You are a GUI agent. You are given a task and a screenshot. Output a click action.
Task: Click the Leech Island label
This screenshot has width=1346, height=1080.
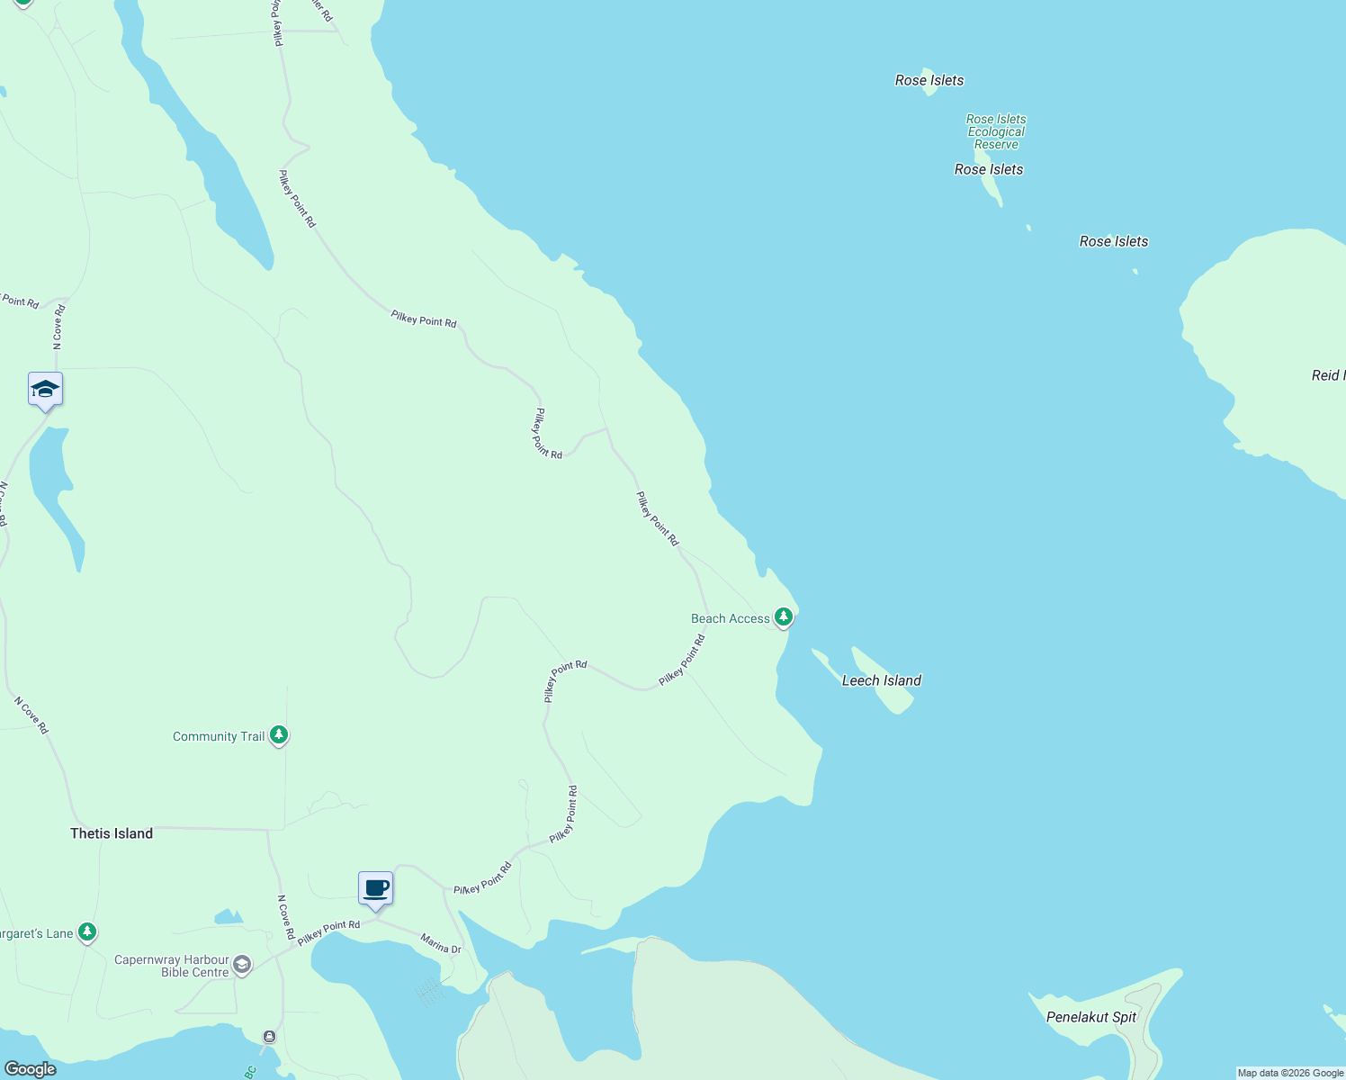click(881, 680)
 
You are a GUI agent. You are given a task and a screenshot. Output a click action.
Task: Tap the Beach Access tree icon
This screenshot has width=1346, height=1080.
click(784, 616)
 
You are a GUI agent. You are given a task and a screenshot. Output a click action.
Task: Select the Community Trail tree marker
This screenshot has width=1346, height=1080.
click(279, 735)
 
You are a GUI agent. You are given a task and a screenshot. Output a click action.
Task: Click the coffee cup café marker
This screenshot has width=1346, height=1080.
click(376, 888)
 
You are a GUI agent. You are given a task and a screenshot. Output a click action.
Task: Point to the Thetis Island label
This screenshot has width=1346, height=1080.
click(112, 833)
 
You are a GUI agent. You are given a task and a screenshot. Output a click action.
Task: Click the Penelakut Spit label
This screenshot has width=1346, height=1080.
click(1091, 1017)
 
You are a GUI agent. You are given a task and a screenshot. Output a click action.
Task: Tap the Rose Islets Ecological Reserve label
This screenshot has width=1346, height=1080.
click(996, 131)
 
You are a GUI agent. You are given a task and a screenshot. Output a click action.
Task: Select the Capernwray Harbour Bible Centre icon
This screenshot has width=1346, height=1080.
click(242, 966)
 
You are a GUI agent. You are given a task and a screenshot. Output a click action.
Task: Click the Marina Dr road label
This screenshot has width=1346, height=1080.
click(441, 943)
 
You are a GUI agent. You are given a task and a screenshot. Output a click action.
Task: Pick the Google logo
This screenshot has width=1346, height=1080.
click(31, 1069)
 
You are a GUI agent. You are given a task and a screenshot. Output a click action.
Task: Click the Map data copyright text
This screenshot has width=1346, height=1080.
click(1290, 1073)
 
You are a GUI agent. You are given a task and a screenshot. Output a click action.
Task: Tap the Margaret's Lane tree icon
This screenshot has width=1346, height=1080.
click(87, 932)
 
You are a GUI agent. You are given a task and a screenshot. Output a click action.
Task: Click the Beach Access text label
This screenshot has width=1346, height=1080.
click(730, 618)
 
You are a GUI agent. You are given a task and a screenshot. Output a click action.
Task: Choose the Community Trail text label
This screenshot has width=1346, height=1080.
click(219, 736)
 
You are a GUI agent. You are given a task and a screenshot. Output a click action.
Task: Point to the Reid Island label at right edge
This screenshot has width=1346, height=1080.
click(1328, 375)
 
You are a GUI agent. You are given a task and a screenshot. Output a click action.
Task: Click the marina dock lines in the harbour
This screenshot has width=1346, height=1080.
click(430, 992)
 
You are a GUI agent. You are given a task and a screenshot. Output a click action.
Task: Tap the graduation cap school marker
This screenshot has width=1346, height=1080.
click(45, 390)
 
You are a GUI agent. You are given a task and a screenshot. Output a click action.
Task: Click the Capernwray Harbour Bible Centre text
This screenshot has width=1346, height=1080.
click(171, 966)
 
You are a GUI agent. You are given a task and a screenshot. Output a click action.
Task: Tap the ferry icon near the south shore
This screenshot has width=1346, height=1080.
click(269, 1037)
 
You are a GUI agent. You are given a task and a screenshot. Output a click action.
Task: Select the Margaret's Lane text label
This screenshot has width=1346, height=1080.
click(36, 933)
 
